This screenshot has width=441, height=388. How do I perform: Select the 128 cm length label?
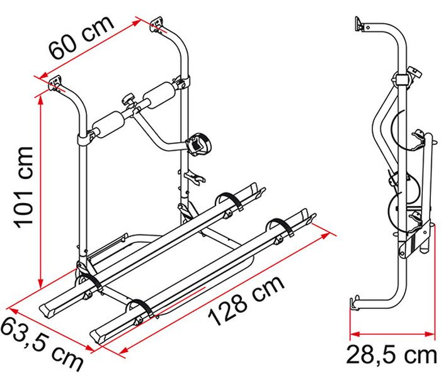tap(246, 301)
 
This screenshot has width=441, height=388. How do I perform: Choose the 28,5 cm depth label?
tap(391, 355)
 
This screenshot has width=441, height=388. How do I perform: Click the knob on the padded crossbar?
tap(129, 100)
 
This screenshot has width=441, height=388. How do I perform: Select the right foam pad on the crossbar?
tap(159, 96)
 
